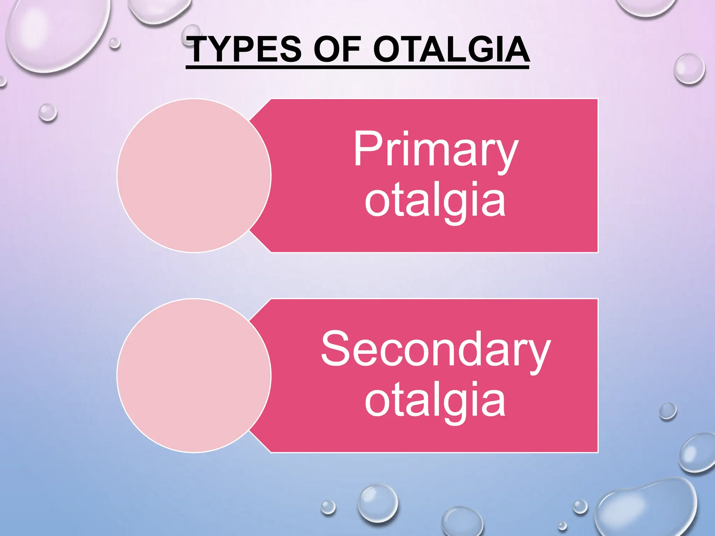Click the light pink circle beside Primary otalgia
click(x=194, y=176)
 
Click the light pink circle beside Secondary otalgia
click(x=194, y=375)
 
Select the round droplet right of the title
click(x=689, y=69)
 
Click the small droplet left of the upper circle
click(x=47, y=112)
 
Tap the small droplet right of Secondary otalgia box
click(x=668, y=411)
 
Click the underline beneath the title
click(x=357, y=67)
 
